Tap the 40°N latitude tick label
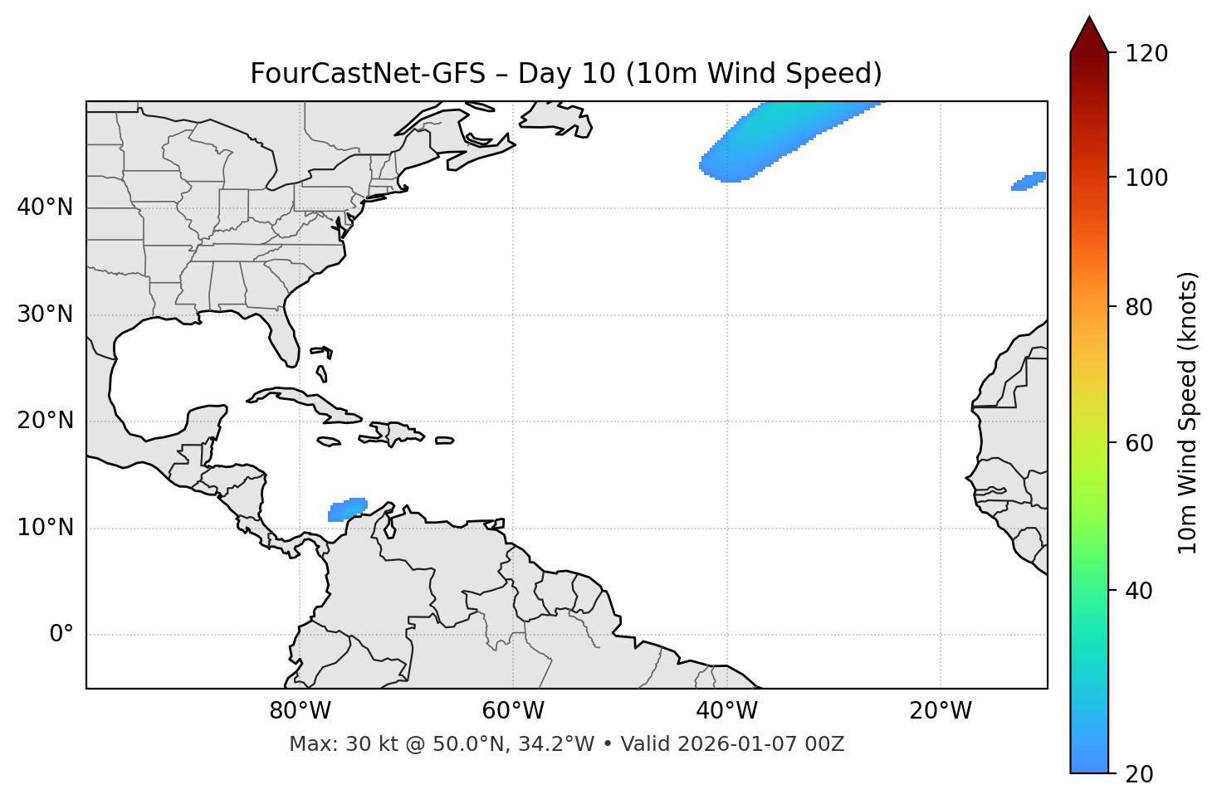pos(45,207)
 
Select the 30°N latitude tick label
pos(45,314)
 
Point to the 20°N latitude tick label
pos(45,421)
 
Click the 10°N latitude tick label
pos(45,528)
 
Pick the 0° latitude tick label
pos(61,635)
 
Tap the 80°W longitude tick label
pos(300,711)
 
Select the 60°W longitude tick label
pos(513,711)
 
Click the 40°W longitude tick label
pos(726,711)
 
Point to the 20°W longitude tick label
pos(940,711)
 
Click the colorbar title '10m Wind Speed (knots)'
pos(1188,412)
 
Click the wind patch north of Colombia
pos(348,509)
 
